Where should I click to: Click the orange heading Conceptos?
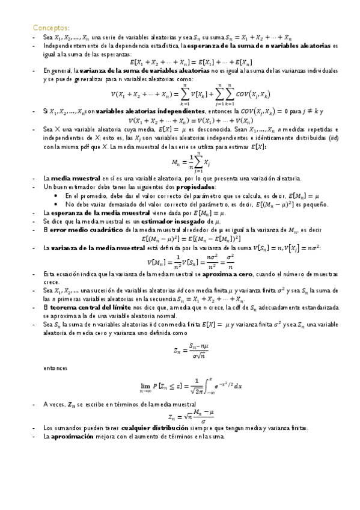tap(51, 28)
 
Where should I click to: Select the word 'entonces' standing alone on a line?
tap(55, 366)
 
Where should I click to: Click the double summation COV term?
tap(239, 94)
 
